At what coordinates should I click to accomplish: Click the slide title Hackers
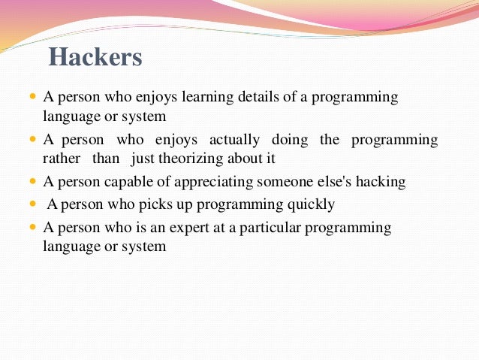(x=95, y=57)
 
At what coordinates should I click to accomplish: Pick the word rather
(x=62, y=159)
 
